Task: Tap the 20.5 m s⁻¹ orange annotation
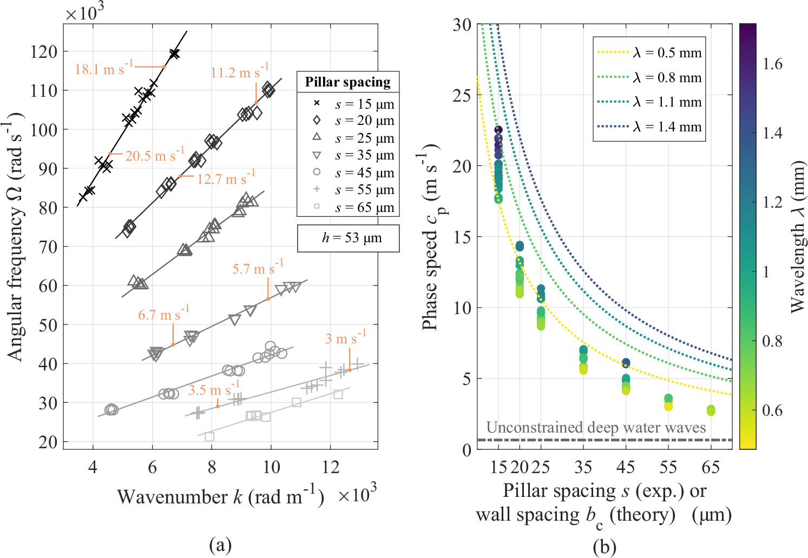coord(155,156)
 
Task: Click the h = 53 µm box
coord(348,238)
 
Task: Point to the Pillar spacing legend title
coord(347,82)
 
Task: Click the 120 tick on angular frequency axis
coord(44,52)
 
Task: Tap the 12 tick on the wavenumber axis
coord(330,467)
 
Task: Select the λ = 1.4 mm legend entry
coord(667,127)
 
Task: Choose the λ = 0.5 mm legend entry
coord(667,53)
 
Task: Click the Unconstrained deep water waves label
coord(596,428)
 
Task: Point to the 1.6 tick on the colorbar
coord(772,64)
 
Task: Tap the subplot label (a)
coord(220,545)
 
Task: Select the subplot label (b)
coord(604,547)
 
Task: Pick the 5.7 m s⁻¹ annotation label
coord(258,268)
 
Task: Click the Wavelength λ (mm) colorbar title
coord(797,238)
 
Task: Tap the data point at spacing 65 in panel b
coord(711,411)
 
